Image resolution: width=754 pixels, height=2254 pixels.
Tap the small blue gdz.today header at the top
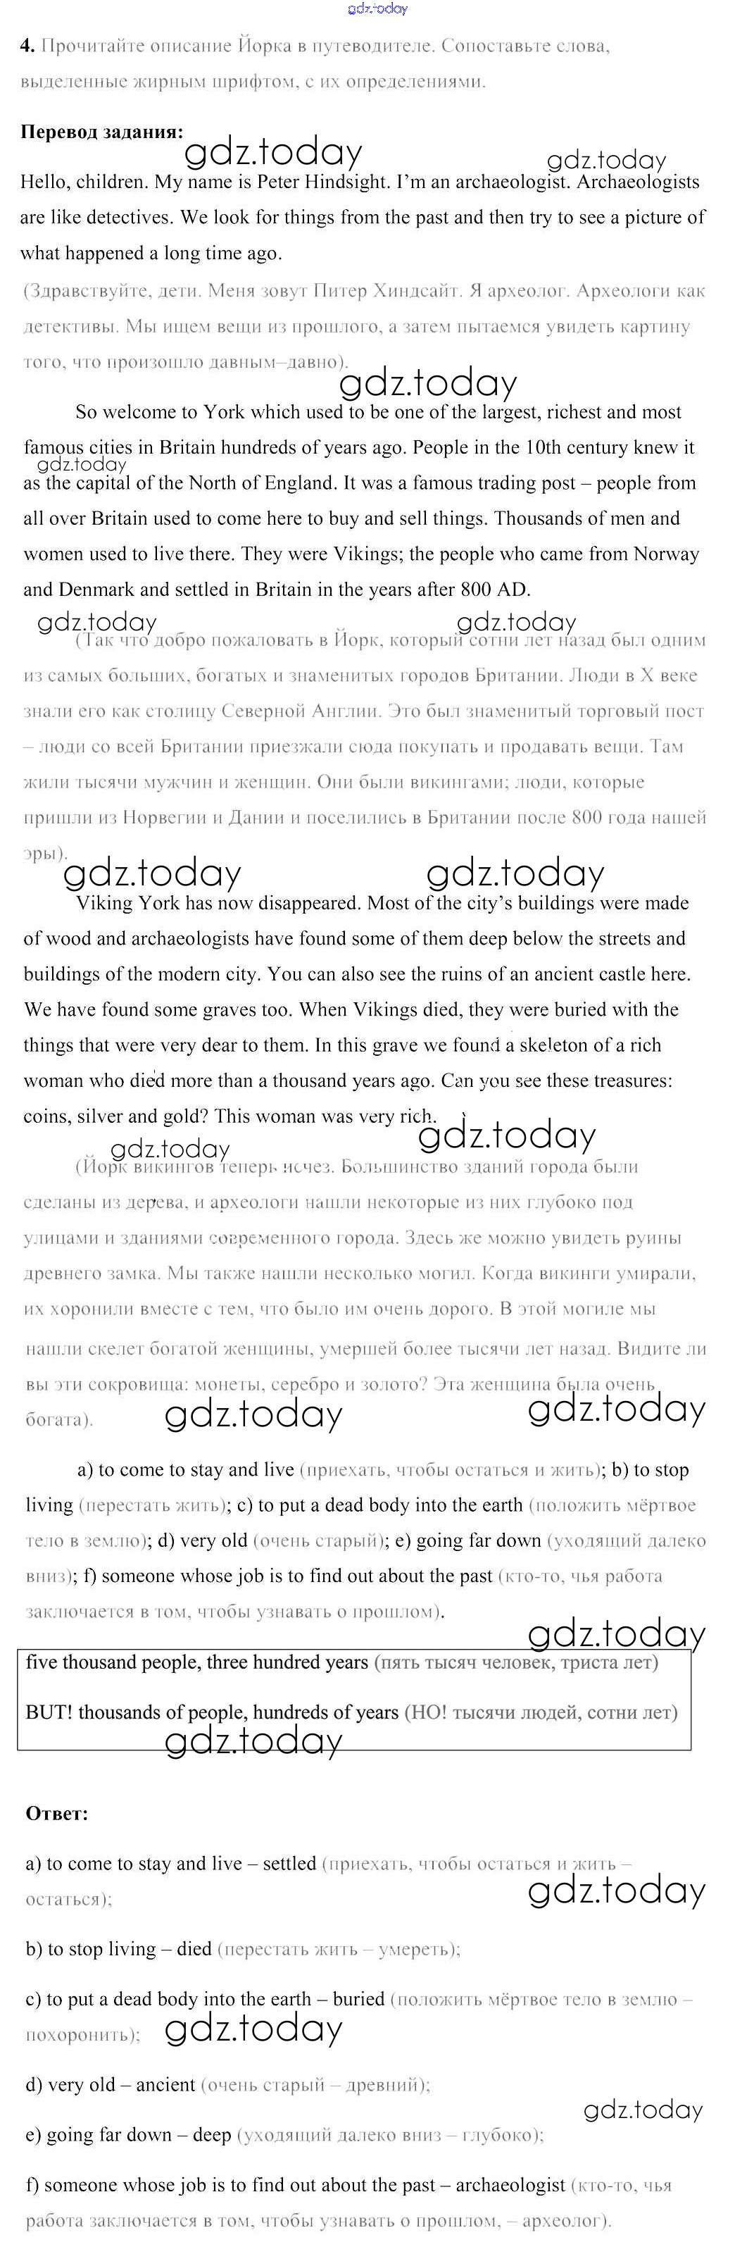(377, 10)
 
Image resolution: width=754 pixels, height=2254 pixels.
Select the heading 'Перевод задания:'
(101, 132)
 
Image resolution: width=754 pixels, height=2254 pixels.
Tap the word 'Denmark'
(97, 590)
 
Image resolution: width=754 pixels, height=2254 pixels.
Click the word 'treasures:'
(634, 1081)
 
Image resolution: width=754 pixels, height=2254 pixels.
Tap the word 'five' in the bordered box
(41, 1662)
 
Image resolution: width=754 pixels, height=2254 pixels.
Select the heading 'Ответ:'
(57, 1814)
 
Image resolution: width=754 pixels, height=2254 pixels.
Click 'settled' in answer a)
(289, 1864)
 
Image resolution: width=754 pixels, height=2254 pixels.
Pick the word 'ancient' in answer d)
(165, 2085)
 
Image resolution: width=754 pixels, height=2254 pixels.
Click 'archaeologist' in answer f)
(511, 2186)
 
